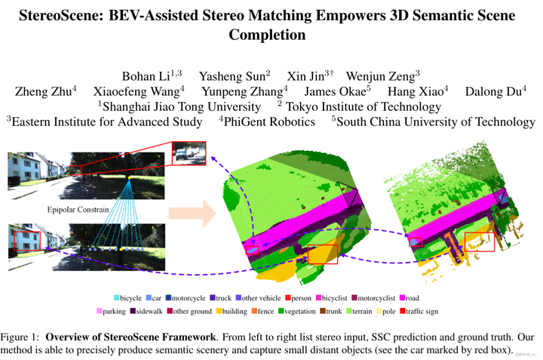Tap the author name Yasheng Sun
tap(225, 76)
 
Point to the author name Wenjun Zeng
tap(385, 76)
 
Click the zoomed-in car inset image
tap(189, 154)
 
